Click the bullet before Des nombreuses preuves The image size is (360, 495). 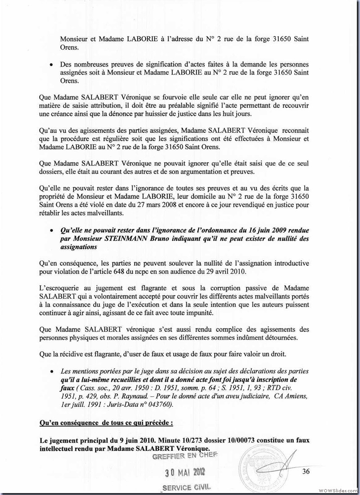(52, 65)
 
